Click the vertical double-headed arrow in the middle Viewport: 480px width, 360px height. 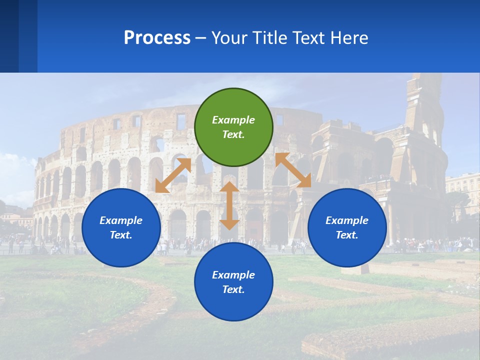(229, 205)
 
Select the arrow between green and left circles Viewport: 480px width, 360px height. (173, 175)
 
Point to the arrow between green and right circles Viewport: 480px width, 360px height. (293, 170)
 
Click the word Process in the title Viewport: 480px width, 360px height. (157, 38)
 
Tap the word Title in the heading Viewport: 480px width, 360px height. (270, 38)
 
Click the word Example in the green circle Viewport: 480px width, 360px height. (233, 120)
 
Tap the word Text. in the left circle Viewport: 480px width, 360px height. (121, 235)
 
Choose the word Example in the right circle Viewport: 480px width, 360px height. (347, 220)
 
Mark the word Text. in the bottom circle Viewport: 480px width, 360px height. (233, 289)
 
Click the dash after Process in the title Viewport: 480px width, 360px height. (201, 38)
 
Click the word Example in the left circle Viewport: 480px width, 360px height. (121, 220)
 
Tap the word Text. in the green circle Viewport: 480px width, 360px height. (233, 134)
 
